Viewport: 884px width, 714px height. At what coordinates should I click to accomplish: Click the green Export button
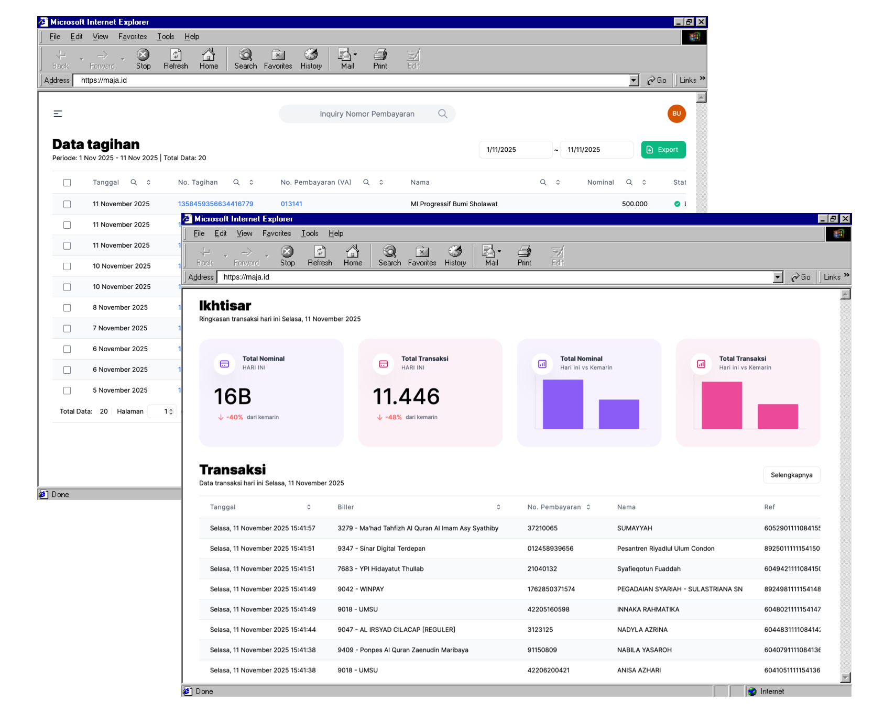pos(663,150)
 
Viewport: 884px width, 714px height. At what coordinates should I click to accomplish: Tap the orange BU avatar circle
pos(676,114)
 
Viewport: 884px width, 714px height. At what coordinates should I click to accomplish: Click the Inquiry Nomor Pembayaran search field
pos(367,114)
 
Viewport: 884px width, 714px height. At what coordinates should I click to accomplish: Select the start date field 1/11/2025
pos(515,150)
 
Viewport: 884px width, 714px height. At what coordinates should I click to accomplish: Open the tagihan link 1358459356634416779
pos(215,204)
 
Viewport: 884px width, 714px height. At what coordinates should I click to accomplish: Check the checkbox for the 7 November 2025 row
pos(67,329)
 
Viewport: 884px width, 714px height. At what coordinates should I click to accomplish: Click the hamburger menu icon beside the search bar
pos(58,114)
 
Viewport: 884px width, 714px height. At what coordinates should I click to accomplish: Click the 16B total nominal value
pos(233,397)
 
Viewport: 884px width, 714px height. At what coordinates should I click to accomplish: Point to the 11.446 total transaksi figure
pos(406,397)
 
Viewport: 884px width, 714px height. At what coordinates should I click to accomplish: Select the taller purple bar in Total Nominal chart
pos(563,404)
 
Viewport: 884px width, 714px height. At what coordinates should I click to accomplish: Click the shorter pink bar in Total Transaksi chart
pos(778,416)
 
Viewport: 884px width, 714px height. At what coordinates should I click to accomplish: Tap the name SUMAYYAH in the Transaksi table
pos(635,528)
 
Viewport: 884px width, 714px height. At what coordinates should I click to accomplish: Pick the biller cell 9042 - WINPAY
pos(361,589)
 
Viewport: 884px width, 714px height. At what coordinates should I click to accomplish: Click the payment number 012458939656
pos(550,549)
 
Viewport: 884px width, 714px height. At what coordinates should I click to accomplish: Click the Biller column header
pos(346,507)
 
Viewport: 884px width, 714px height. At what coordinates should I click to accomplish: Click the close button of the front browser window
pos(845,219)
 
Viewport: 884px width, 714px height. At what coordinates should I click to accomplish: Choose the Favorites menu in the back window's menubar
pos(133,37)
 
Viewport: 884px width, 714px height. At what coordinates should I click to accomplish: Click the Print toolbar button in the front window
pos(524,256)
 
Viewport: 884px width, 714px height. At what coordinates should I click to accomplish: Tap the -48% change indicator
pos(393,417)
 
